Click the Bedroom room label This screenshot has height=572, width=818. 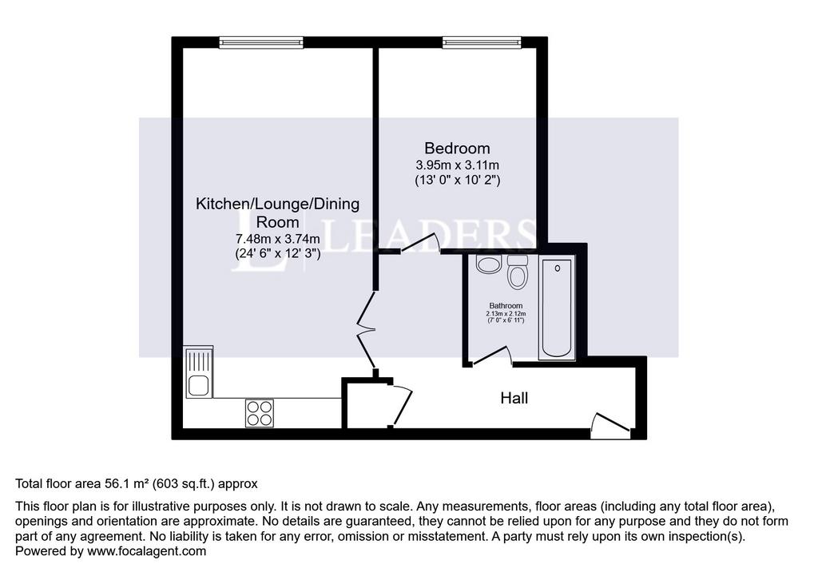(457, 149)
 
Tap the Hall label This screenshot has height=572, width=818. (514, 398)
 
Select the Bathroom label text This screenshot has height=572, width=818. (506, 305)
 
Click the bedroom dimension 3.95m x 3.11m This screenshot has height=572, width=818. (457, 165)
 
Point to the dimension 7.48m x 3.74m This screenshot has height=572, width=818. (277, 239)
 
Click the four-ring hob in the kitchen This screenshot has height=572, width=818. (260, 413)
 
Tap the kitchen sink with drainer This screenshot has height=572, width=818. (199, 372)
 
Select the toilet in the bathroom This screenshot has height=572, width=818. (517, 272)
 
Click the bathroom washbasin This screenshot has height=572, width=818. (488, 264)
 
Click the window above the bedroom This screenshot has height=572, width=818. (482, 42)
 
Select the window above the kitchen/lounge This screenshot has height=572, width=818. (261, 42)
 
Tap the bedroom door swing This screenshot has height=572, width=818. (421, 244)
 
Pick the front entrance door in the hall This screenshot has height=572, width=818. (611, 421)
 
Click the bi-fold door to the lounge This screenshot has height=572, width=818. (366, 331)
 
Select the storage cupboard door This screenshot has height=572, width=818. (402, 404)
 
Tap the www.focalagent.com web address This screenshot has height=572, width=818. (147, 551)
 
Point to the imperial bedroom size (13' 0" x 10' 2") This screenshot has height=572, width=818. (457, 181)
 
